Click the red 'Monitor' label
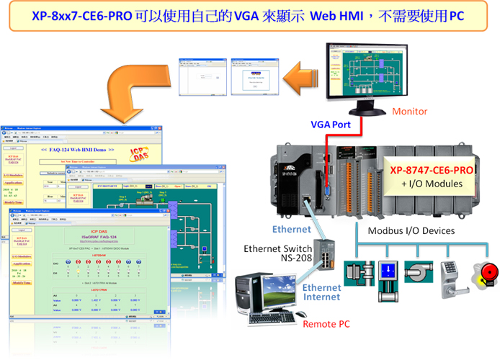tap(410, 112)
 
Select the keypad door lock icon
tap(450, 275)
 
